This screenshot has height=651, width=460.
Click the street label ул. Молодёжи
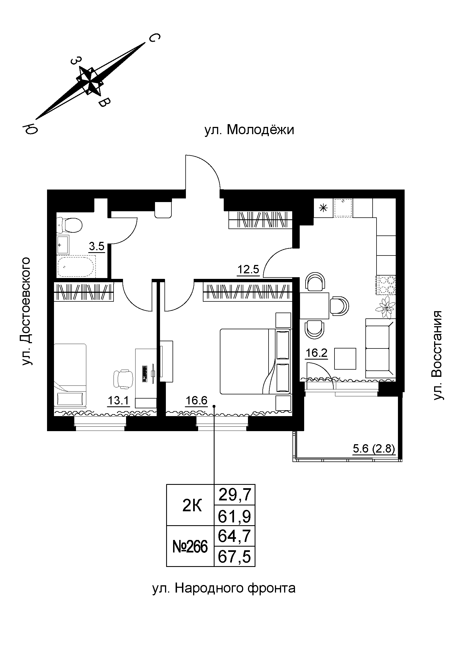click(x=249, y=130)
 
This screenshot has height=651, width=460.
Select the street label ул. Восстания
click(x=438, y=355)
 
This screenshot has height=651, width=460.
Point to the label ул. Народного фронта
click(x=224, y=588)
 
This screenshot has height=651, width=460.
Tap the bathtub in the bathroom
click(x=77, y=266)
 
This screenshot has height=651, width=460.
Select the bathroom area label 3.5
click(x=97, y=246)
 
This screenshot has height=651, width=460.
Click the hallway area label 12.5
click(x=249, y=269)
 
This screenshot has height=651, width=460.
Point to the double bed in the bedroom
click(x=255, y=361)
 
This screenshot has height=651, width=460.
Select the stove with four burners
click(x=386, y=285)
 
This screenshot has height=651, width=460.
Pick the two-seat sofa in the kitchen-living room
click(x=380, y=348)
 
